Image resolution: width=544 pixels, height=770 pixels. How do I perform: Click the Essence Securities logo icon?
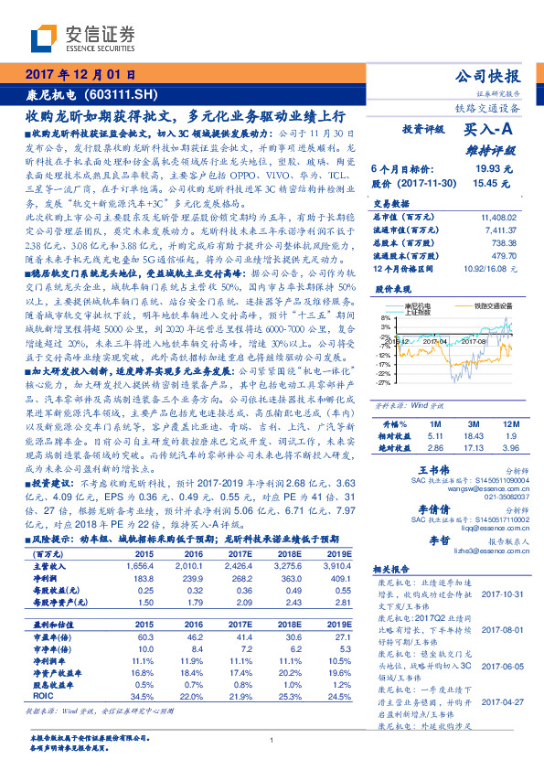click(45, 37)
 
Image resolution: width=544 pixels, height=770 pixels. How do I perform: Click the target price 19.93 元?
click(492, 169)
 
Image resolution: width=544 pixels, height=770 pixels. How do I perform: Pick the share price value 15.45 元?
click(492, 183)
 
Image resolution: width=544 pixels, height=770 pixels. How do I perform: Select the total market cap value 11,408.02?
click(498, 217)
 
